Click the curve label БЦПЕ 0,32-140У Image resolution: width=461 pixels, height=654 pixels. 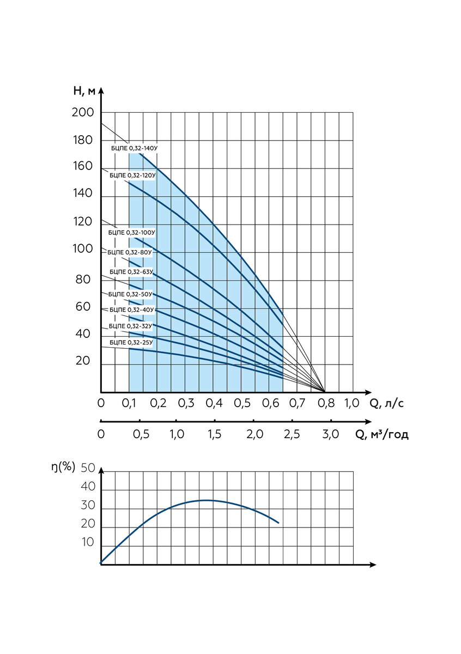tap(134, 148)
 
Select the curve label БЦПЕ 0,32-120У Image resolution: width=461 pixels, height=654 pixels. tap(132, 175)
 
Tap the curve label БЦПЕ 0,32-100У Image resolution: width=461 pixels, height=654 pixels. tap(132, 233)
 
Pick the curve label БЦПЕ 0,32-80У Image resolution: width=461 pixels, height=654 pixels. tap(130, 252)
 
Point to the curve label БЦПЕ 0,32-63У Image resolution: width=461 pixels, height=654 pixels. tap(131, 272)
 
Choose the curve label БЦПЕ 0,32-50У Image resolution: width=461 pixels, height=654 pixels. tap(130, 294)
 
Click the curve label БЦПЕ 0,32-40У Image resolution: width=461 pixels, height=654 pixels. tap(132, 310)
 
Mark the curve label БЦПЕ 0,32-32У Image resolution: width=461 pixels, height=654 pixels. tap(130, 326)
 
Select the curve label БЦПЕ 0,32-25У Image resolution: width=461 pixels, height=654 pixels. tap(131, 342)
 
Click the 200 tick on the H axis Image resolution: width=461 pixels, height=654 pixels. tap(83, 112)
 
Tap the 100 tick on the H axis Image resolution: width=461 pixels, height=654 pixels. tap(83, 249)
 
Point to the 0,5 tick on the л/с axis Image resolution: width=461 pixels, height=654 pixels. tap(242, 403)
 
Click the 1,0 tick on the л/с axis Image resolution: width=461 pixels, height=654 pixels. tap(352, 403)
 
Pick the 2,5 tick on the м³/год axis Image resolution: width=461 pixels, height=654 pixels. tap(292, 434)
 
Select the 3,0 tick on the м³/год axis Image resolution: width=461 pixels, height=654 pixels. tap(331, 434)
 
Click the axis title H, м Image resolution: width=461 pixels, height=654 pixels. tap(84, 91)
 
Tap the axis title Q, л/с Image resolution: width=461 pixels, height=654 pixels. tap(387, 403)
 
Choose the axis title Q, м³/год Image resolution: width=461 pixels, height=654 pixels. tap(382, 434)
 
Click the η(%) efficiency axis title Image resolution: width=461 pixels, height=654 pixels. tap(63, 467)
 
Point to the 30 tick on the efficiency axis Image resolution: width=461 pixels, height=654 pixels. tap(88, 505)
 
